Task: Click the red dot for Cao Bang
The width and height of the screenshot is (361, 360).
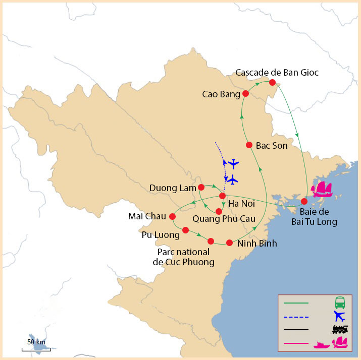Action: coord(245,94)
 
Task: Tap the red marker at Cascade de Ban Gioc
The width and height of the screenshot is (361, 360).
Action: coord(272,82)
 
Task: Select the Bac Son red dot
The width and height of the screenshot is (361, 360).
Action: coord(249,145)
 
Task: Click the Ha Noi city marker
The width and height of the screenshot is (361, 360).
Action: coord(222,196)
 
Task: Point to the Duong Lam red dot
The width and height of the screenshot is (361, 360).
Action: coord(201,188)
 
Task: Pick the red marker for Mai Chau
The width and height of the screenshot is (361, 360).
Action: coord(172,216)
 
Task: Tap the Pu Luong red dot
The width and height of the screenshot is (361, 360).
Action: coord(185,230)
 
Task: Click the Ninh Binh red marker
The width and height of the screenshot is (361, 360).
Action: coord(229,242)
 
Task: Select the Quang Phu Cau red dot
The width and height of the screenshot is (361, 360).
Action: coord(219,211)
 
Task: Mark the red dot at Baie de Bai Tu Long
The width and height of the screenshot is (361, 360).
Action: coord(304,201)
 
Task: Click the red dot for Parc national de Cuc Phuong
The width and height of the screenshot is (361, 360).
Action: coord(211,241)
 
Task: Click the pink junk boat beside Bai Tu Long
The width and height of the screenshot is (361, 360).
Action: coord(322,189)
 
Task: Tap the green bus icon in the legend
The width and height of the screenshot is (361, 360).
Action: coord(340,303)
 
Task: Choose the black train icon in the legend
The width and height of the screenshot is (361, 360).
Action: coord(340,330)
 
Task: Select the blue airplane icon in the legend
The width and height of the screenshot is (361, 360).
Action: coord(339,317)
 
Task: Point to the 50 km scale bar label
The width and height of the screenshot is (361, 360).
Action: coord(36,342)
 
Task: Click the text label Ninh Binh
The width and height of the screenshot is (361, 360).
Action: coord(257,244)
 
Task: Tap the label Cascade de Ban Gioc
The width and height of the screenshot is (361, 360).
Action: coord(277,73)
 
